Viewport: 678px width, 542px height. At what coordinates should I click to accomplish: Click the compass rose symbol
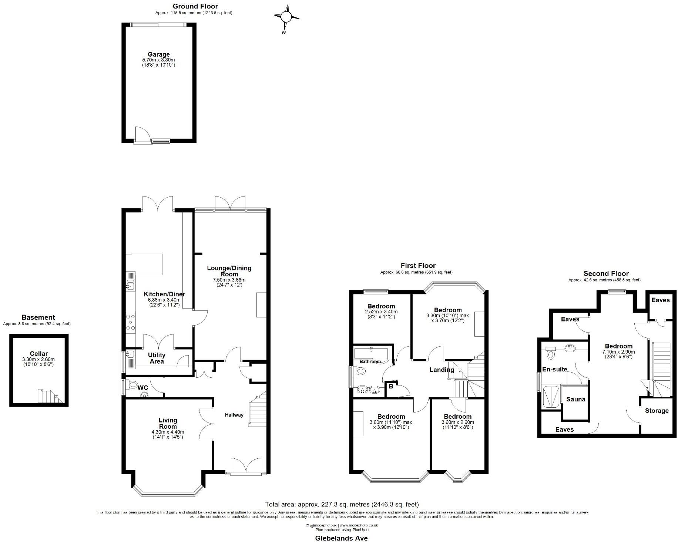pyautogui.click(x=286, y=17)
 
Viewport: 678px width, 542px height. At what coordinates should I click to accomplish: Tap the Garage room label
pyautogui.click(x=158, y=54)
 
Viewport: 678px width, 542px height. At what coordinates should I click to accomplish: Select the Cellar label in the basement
pyautogui.click(x=38, y=354)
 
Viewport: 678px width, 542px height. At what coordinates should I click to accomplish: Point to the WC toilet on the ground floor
pyautogui.click(x=132, y=385)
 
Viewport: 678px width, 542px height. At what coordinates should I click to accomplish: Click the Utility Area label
pyautogui.click(x=157, y=358)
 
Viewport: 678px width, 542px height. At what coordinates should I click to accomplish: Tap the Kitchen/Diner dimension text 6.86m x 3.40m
pyautogui.click(x=164, y=300)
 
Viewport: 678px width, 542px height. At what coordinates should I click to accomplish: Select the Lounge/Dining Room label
pyautogui.click(x=229, y=271)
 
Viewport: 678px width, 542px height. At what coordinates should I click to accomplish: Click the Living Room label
pyautogui.click(x=168, y=423)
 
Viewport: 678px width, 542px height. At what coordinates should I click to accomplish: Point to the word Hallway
pyautogui.click(x=234, y=415)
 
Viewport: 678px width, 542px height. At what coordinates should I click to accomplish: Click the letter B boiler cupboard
pyautogui.click(x=391, y=387)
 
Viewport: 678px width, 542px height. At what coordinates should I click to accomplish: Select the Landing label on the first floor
pyautogui.click(x=442, y=370)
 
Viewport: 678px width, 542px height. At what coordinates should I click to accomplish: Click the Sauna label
pyautogui.click(x=575, y=399)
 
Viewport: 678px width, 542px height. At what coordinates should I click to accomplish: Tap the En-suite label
pyautogui.click(x=554, y=369)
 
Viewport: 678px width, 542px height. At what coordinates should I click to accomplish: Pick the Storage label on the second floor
pyautogui.click(x=657, y=411)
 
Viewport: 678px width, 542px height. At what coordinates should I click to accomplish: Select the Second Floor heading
pyautogui.click(x=606, y=274)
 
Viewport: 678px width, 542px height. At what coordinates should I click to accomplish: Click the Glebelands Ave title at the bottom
pyautogui.click(x=341, y=538)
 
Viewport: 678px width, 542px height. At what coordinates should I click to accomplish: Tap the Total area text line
pyautogui.click(x=342, y=504)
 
